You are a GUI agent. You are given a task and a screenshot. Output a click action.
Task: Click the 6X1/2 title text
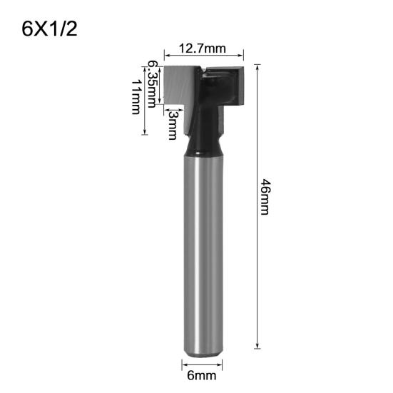(49, 29)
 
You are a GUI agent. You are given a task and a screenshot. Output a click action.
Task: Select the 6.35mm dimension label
(151, 83)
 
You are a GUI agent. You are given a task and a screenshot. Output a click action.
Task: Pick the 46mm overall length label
(265, 199)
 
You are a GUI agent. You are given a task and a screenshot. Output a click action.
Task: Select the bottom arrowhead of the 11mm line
(146, 132)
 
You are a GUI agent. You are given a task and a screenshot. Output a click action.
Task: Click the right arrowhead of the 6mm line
(221, 363)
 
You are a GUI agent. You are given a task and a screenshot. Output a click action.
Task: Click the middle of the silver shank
(203, 250)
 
